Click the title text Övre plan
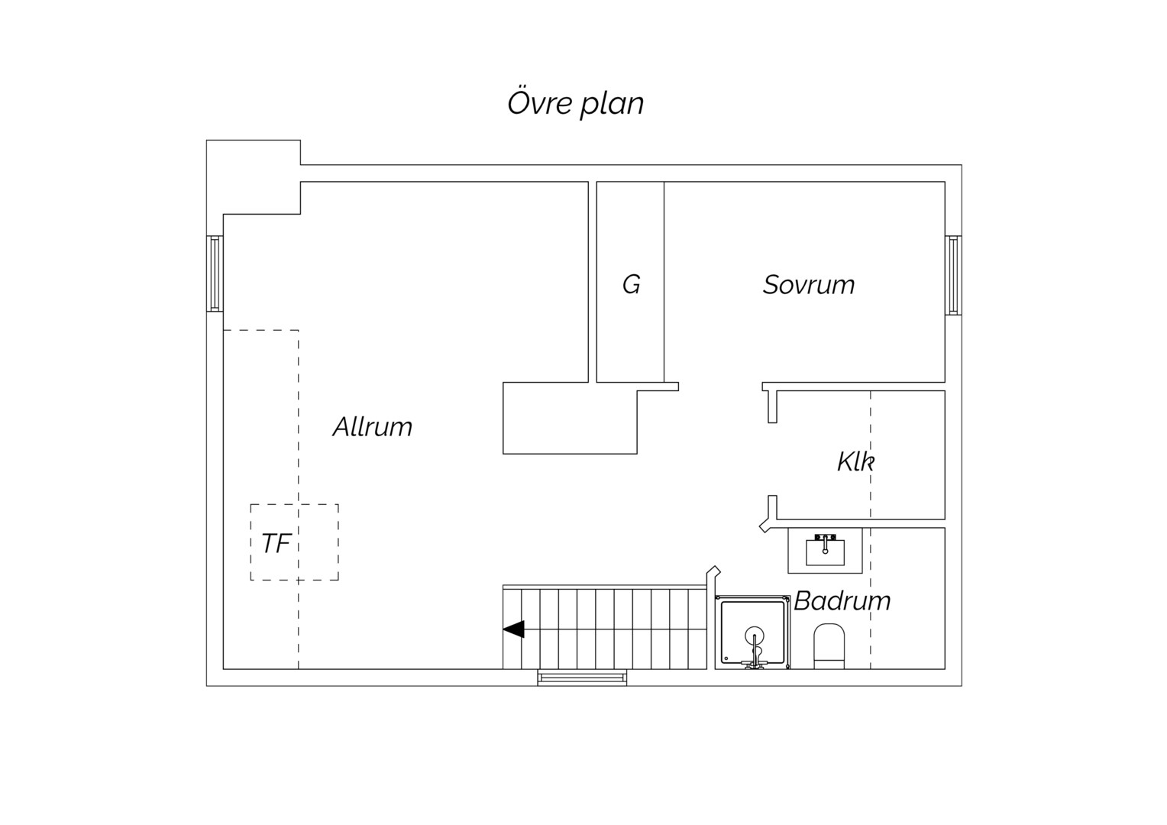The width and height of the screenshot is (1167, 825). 576,104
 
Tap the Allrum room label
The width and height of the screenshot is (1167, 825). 373,427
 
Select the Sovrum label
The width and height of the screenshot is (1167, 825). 809,285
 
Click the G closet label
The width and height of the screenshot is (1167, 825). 632,285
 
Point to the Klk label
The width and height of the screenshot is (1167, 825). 855,461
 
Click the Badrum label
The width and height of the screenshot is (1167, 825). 842,601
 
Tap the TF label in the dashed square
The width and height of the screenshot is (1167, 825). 276,543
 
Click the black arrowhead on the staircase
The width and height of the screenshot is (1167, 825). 514,629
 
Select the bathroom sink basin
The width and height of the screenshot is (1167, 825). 826,552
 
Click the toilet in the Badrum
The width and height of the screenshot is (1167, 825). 829,645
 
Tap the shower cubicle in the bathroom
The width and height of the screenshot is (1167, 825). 753,632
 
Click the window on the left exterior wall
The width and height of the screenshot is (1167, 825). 215,273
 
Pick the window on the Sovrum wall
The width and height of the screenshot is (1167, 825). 953,275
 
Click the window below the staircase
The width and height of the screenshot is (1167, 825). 583,678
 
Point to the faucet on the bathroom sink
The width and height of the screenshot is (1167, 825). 826,542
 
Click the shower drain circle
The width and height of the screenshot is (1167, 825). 755,636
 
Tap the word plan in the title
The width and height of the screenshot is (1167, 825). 613,105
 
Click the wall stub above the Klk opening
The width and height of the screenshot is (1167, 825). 773,406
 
